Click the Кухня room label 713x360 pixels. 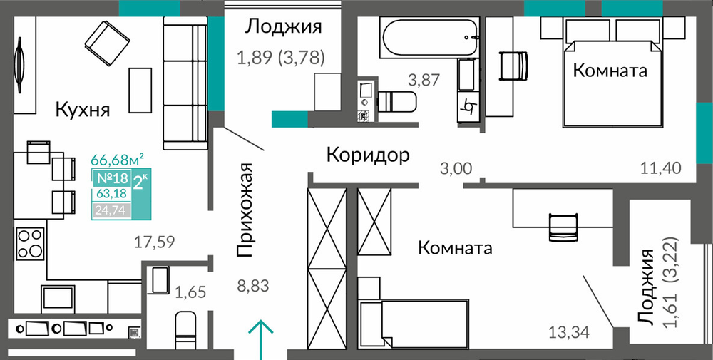[x=83, y=110]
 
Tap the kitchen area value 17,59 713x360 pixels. [x=155, y=242]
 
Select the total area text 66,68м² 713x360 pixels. [x=118, y=160]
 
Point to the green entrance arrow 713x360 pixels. [x=260, y=339]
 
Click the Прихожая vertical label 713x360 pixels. [x=245, y=210]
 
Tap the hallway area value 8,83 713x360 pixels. [x=253, y=287]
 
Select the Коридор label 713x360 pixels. [x=369, y=155]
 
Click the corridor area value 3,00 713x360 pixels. [x=456, y=169]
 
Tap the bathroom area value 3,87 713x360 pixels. [x=424, y=81]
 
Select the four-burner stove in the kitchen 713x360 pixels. [x=30, y=243]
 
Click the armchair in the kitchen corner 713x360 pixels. [x=108, y=43]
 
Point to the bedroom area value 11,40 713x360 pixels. [x=662, y=169]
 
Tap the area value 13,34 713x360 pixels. [x=569, y=333]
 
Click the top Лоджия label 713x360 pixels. [x=283, y=27]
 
